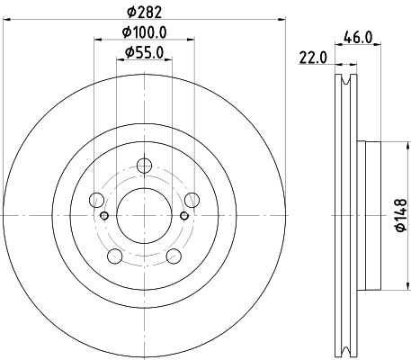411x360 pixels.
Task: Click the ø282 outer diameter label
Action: pyautogui.click(x=144, y=12)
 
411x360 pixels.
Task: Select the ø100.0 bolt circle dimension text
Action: pyautogui.click(x=144, y=32)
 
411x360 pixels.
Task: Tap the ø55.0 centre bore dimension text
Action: pyautogui.click(x=144, y=52)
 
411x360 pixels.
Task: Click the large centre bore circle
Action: pyautogui.click(x=144, y=215)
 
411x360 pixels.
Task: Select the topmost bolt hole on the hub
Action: pyautogui.click(x=144, y=166)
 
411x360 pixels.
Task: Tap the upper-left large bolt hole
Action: pyautogui.click(x=97, y=200)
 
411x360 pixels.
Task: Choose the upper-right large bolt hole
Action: pyautogui.click(x=191, y=200)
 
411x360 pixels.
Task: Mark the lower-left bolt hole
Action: pyautogui.click(x=115, y=256)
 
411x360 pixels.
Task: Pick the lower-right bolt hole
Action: pyautogui.click(x=173, y=256)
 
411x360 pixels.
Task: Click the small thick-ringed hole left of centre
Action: pyautogui.click(x=104, y=215)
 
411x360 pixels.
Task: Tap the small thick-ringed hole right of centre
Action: pyautogui.click(x=183, y=215)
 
